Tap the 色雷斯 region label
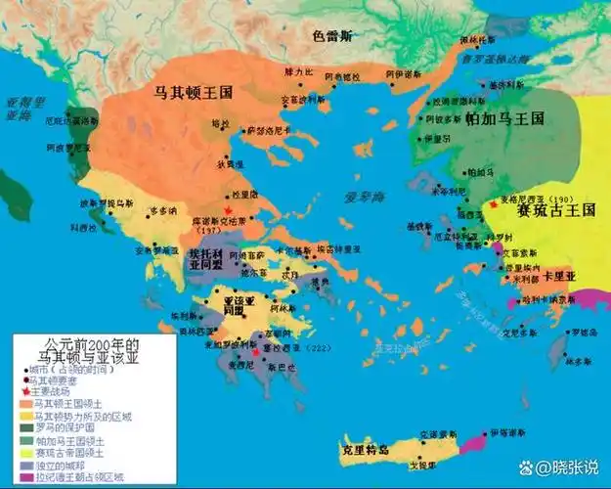pos(332,35)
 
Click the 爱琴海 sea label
pos(366,197)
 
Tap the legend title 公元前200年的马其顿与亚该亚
pos(76,352)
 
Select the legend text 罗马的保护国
pos(65,428)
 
